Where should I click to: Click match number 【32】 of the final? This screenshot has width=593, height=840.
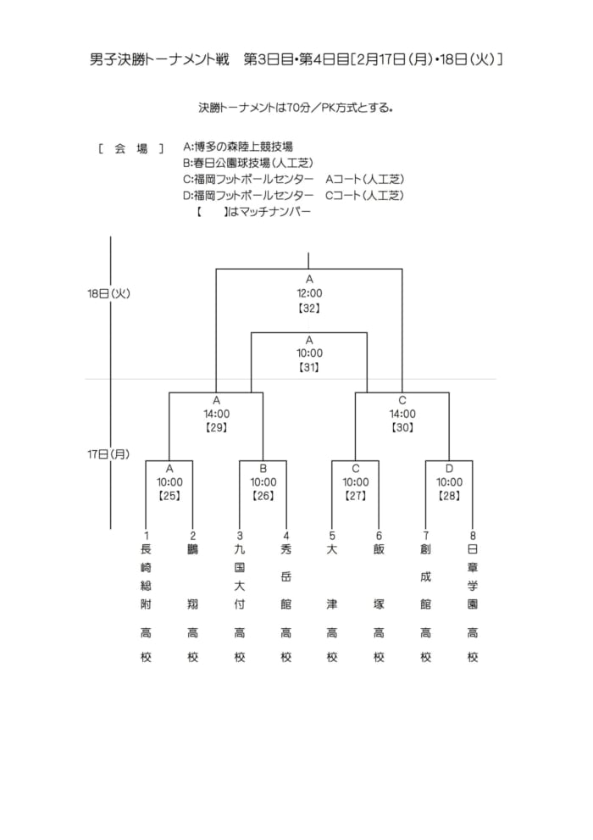[309, 308]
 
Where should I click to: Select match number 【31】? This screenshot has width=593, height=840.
[309, 368]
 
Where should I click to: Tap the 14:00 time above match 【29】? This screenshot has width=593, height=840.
[216, 414]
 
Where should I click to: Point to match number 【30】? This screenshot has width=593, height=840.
[402, 427]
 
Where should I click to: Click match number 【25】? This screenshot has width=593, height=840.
[169, 496]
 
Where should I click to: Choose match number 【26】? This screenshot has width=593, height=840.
[263, 496]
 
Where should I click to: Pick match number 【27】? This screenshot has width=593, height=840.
[355, 496]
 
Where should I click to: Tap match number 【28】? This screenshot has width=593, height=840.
[449, 496]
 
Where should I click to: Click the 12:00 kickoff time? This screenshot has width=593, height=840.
[309, 293]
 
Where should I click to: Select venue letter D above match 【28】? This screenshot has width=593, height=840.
[449, 469]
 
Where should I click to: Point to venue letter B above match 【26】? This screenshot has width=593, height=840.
[263, 469]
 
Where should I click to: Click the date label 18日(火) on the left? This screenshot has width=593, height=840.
[108, 293]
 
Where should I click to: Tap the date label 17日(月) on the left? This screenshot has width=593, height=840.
[108, 454]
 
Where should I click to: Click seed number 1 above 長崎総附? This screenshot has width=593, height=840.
[146, 535]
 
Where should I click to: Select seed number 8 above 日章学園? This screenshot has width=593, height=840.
[473, 535]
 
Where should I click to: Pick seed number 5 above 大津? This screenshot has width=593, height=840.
[332, 535]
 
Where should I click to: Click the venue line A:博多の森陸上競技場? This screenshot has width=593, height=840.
[238, 147]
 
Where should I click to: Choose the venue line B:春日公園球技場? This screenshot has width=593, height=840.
[248, 163]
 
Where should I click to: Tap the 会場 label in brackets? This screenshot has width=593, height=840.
[131, 148]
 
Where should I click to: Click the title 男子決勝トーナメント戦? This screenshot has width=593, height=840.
[159, 59]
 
